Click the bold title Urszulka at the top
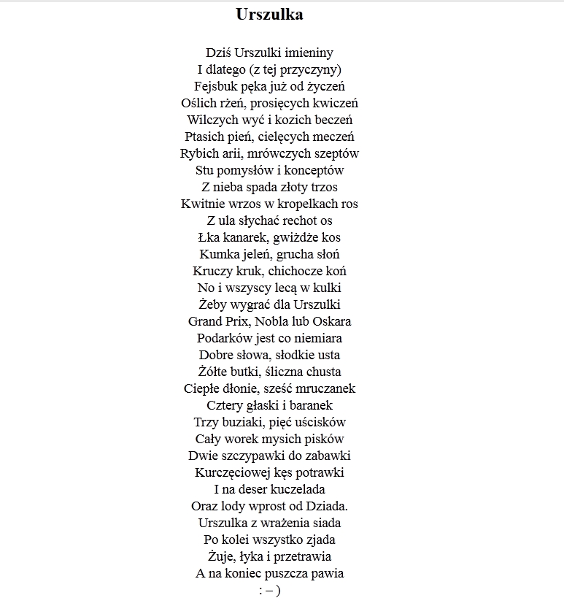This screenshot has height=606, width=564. (x=269, y=15)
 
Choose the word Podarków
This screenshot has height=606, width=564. (x=223, y=338)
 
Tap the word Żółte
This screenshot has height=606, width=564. (x=215, y=372)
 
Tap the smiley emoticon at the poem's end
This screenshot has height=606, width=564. (x=269, y=591)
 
